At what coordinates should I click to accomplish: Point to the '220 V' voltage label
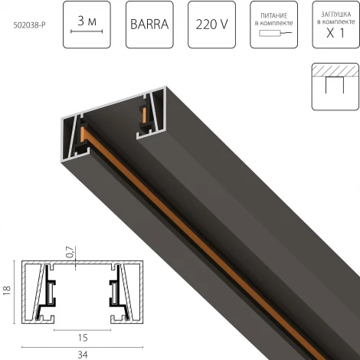coord(211,24)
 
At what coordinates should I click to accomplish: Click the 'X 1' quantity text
coord(332,34)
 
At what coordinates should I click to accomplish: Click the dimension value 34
coord(80,353)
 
